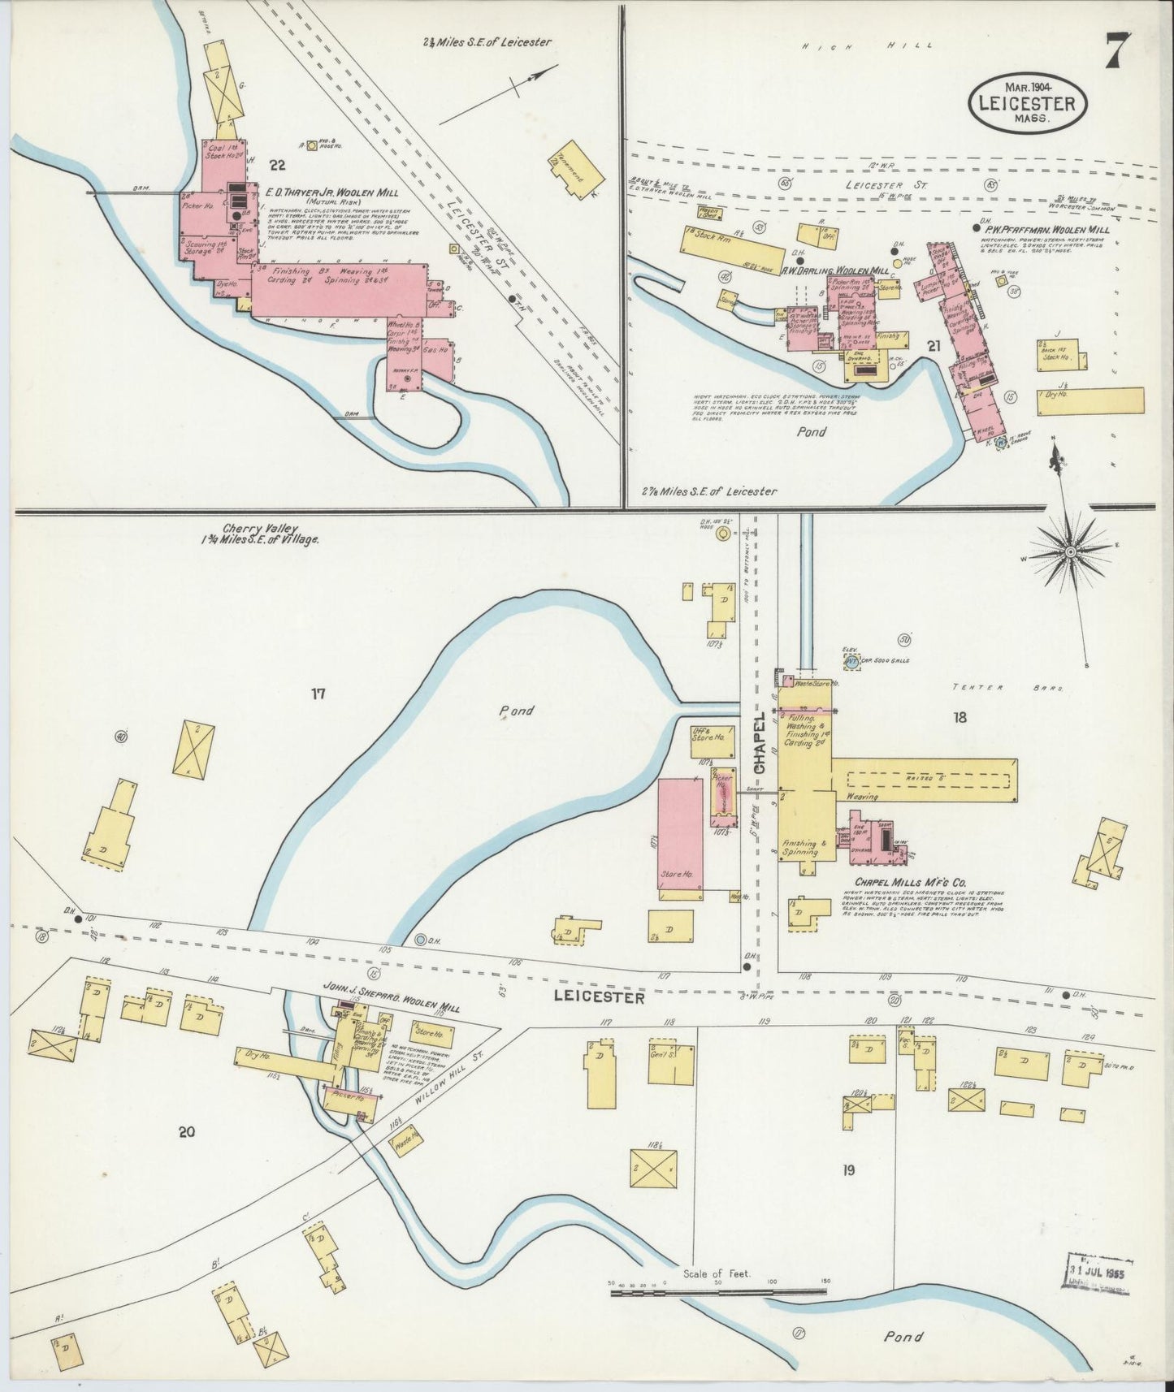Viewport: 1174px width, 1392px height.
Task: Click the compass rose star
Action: (1071, 551)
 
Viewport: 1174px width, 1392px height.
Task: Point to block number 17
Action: (318, 694)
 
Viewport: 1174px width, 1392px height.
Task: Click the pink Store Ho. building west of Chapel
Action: (680, 838)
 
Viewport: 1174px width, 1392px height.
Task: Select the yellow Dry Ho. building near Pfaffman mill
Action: (1090, 402)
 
